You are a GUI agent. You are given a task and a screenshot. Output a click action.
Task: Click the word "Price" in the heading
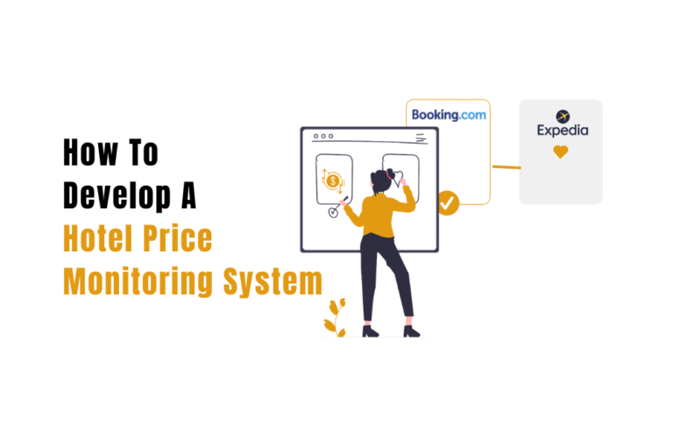click(x=181, y=238)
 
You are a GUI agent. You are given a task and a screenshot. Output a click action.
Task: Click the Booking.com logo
click(x=449, y=115)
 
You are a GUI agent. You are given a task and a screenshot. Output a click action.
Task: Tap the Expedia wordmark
click(x=562, y=130)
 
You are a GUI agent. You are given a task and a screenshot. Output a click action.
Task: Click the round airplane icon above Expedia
click(x=562, y=115)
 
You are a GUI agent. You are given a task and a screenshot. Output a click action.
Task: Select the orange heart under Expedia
click(x=561, y=152)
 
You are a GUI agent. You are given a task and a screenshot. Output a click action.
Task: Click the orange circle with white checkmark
click(x=448, y=203)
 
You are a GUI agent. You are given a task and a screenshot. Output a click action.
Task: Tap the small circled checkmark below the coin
click(x=333, y=212)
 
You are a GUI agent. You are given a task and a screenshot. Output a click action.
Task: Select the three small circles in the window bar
click(x=324, y=136)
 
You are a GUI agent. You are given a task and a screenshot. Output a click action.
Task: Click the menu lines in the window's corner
click(x=423, y=137)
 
